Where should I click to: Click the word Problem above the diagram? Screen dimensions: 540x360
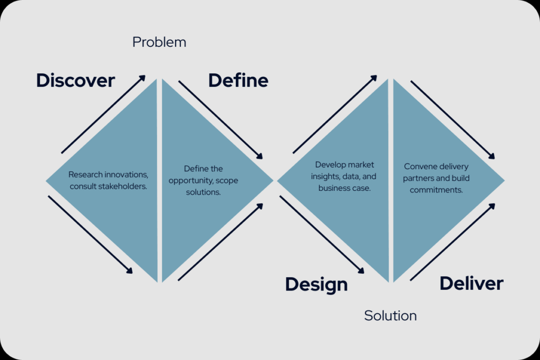pyautogui.click(x=159, y=42)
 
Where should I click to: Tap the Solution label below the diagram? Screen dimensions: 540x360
pyautogui.click(x=390, y=316)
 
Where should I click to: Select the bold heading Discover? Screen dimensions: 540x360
pyautogui.click(x=75, y=80)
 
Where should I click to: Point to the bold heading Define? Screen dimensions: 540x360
pyautogui.click(x=238, y=80)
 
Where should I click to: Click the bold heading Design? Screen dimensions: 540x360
pyautogui.click(x=316, y=285)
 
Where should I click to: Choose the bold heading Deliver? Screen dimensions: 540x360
pyautogui.click(x=471, y=284)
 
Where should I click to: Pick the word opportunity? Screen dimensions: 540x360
pyautogui.click(x=191, y=181)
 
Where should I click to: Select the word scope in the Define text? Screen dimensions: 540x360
pyautogui.click(x=227, y=181)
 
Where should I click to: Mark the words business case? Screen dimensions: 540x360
pyautogui.click(x=344, y=188)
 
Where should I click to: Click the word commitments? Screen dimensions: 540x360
pyautogui.click(x=436, y=190)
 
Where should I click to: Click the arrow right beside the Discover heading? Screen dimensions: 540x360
pyautogui.click(x=103, y=114)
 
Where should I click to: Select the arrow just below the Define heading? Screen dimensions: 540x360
pyautogui.click(x=220, y=120)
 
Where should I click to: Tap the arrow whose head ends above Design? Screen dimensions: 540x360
pyautogui.click(x=322, y=235)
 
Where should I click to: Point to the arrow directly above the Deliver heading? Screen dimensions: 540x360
pyautogui.click(x=452, y=242)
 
